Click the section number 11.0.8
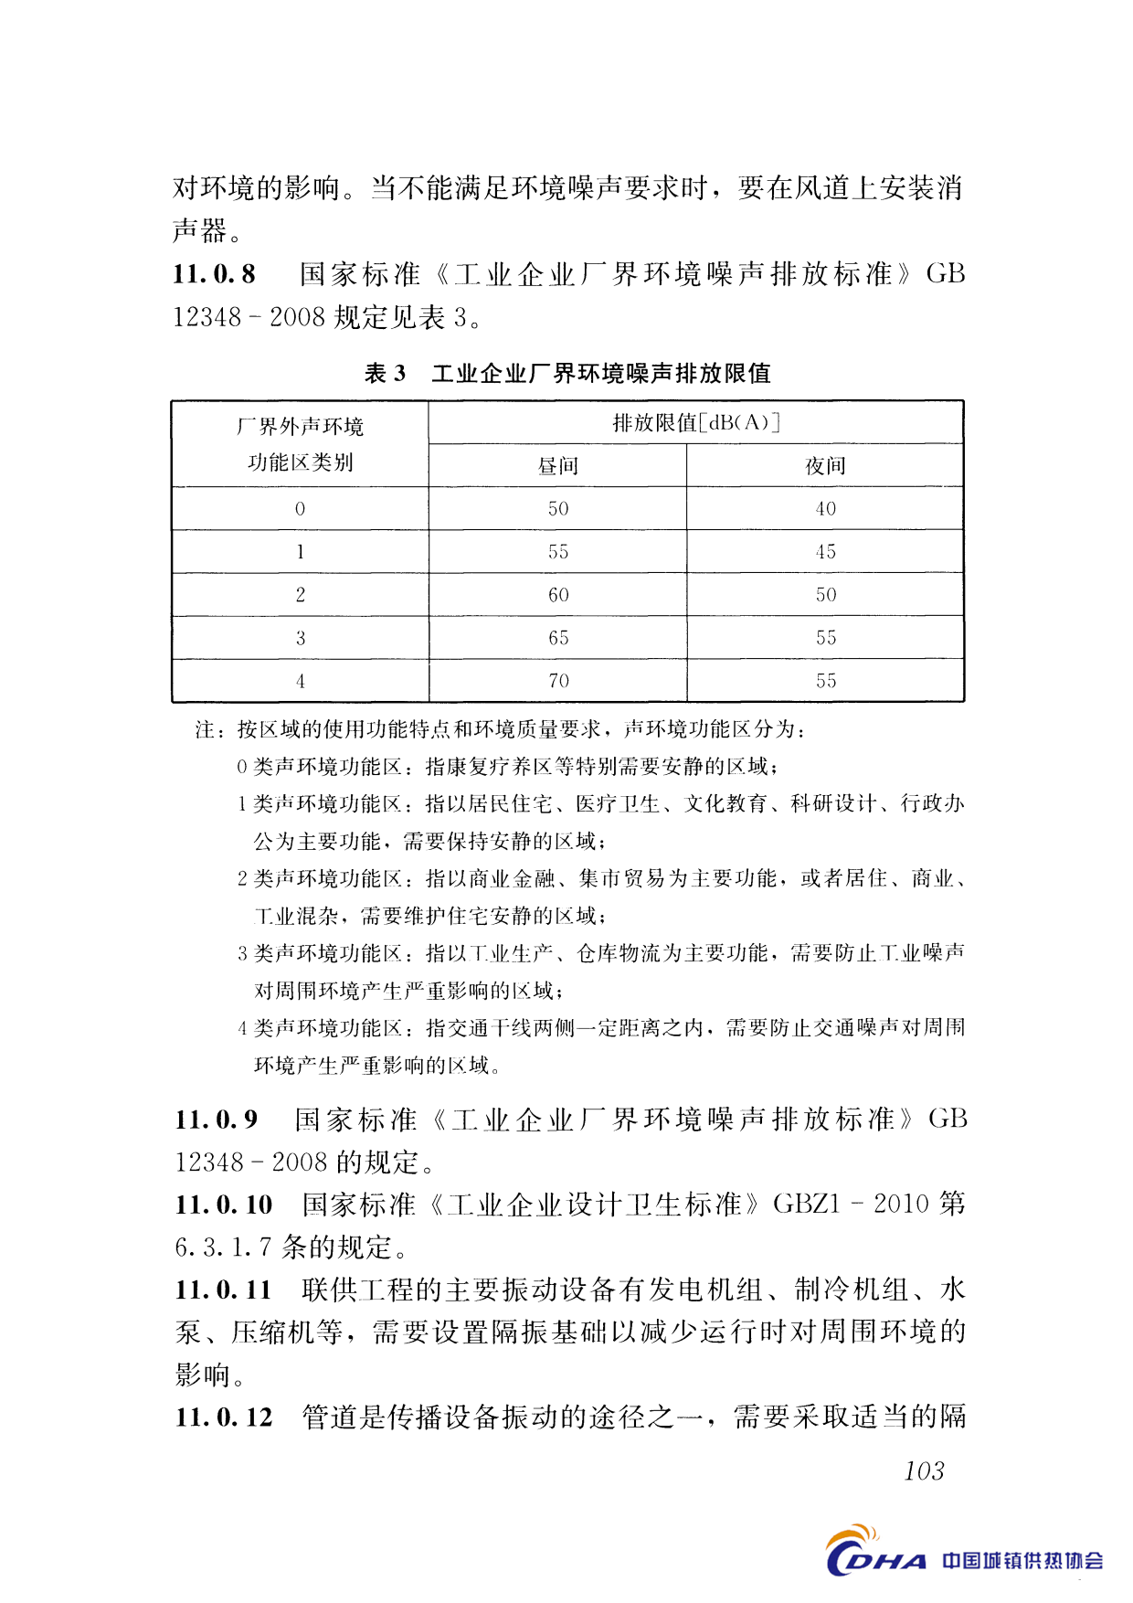click(215, 274)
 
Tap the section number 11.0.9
click(217, 1120)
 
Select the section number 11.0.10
click(224, 1205)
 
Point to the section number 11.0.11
click(224, 1290)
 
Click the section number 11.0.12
click(224, 1417)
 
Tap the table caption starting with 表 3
click(567, 373)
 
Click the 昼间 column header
click(557, 466)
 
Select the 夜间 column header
click(825, 466)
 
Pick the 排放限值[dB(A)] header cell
click(695, 422)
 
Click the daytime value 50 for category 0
click(558, 509)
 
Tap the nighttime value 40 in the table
click(825, 509)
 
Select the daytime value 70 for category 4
click(558, 681)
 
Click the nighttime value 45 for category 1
click(825, 552)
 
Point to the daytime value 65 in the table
click(558, 638)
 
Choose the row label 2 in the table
click(300, 595)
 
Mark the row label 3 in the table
click(300, 638)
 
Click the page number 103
click(924, 1470)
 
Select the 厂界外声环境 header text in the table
click(300, 427)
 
